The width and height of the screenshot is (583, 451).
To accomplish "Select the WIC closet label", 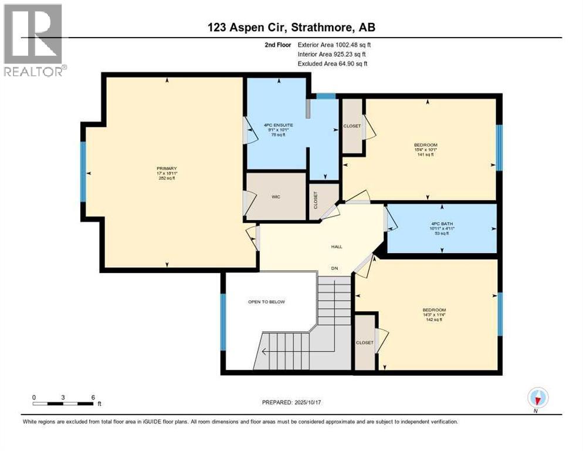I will click(276, 197).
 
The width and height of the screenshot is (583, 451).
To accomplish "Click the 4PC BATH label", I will click(441, 223).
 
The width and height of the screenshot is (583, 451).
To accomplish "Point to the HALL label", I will click(336, 247).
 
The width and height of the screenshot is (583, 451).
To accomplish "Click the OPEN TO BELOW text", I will click(266, 302).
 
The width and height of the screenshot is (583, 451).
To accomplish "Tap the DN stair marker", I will click(334, 268).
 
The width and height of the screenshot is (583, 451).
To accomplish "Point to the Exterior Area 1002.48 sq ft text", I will click(334, 45).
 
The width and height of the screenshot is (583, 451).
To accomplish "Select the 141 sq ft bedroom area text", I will click(426, 154).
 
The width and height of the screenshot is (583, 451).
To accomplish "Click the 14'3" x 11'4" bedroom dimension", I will click(435, 315).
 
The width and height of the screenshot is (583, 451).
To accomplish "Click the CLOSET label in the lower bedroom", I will click(364, 342).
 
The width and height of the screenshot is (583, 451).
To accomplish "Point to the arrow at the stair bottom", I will click(265, 352).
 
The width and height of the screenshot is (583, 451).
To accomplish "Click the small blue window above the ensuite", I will click(326, 96).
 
